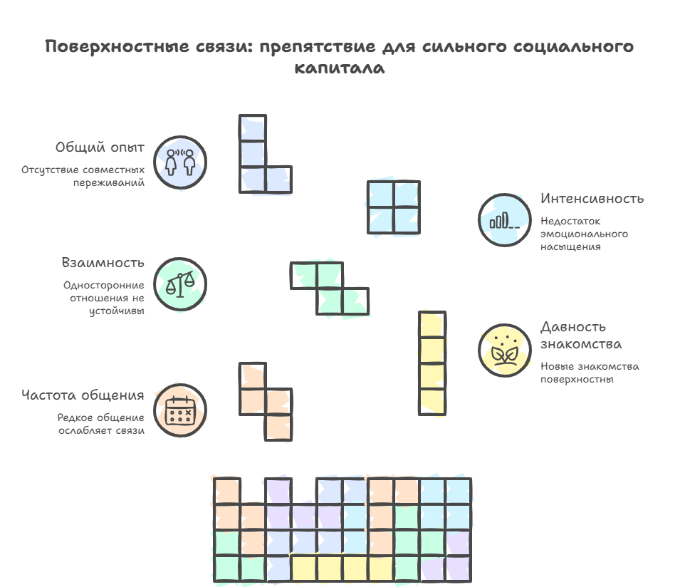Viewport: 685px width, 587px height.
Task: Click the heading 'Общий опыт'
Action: pyautogui.click(x=100, y=147)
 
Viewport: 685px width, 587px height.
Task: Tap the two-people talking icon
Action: pyautogui.click(x=180, y=162)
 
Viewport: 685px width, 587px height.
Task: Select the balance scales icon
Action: pyautogui.click(x=180, y=284)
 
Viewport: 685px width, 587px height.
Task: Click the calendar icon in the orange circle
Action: pyautogui.click(x=180, y=410)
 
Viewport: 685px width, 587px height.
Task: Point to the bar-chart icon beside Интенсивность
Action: pyautogui.click(x=505, y=221)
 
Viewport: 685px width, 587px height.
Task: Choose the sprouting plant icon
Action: pyautogui.click(x=505, y=351)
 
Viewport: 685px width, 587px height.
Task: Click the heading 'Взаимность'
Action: pyautogui.click(x=103, y=263)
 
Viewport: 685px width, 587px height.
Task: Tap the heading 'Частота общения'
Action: pyautogui.click(x=83, y=395)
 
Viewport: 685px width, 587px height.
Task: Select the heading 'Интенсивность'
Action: pyautogui.click(x=592, y=199)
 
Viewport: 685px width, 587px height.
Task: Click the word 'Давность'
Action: pyautogui.click(x=573, y=327)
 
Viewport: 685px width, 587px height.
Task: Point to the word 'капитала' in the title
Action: pyautogui.click(x=340, y=68)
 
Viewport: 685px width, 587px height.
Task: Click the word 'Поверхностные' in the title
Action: pyautogui.click(x=117, y=46)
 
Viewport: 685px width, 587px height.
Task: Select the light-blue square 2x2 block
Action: pyautogui.click(x=394, y=207)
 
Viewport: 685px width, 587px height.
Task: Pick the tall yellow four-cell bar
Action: pyautogui.click(x=432, y=363)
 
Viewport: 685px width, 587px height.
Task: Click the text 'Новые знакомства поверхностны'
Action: pyautogui.click(x=590, y=373)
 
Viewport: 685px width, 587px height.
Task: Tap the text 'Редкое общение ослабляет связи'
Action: pyautogui.click(x=101, y=424)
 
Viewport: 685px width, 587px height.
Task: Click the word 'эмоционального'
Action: pyautogui.click(x=584, y=234)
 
